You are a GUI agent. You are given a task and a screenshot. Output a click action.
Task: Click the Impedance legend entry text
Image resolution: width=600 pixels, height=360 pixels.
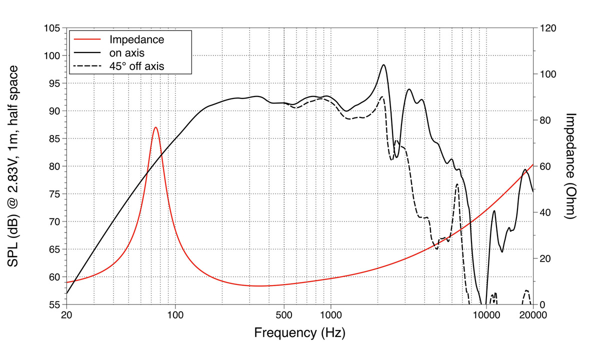click(136, 39)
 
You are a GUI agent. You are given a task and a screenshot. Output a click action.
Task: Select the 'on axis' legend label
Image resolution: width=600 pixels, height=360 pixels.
click(127, 52)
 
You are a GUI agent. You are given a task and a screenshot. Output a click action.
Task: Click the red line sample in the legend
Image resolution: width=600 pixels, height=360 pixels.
click(87, 39)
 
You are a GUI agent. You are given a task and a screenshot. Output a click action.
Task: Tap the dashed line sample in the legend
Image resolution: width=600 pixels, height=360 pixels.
click(87, 65)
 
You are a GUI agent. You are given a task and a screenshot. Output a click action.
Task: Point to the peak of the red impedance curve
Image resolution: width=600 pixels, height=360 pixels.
click(156, 127)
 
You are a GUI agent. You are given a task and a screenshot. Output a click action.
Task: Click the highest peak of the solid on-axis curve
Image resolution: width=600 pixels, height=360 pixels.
click(383, 64)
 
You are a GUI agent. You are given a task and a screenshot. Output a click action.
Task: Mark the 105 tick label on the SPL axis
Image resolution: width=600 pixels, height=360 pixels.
click(51, 28)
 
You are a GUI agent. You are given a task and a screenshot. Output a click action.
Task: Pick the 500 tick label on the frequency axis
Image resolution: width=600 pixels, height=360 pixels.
click(284, 315)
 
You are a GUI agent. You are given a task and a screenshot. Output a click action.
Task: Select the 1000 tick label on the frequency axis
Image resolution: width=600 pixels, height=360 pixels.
click(330, 315)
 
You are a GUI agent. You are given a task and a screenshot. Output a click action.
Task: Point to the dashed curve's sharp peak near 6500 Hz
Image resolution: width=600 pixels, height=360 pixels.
click(457, 184)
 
